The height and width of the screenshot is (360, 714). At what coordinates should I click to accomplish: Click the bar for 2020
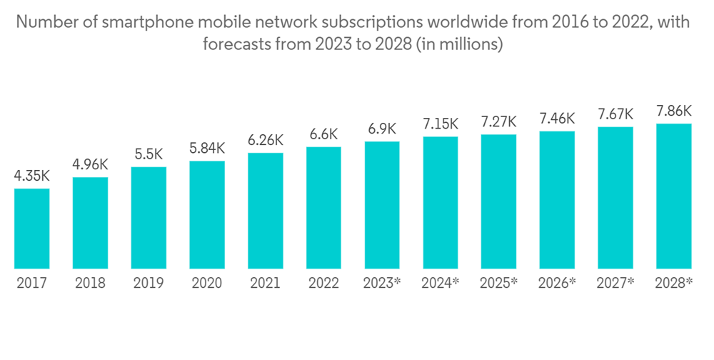pyautogui.click(x=207, y=214)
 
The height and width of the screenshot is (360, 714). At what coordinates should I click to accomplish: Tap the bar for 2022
pyautogui.click(x=323, y=208)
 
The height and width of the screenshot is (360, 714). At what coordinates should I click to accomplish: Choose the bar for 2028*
pyautogui.click(x=673, y=196)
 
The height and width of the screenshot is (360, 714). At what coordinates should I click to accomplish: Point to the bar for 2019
pyautogui.click(x=149, y=218)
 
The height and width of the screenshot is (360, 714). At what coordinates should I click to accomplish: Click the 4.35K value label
pyautogui.click(x=32, y=175)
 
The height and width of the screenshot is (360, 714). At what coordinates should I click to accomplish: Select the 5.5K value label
pyautogui.click(x=149, y=154)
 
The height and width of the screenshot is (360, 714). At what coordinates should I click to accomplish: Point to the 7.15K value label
pyautogui.click(x=440, y=124)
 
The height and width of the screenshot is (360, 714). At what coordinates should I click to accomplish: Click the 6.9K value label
pyautogui.click(x=382, y=129)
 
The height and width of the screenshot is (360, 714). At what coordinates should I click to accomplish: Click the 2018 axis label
pyautogui.click(x=91, y=284)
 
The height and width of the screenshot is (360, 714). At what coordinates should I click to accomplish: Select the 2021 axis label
pyautogui.click(x=266, y=284)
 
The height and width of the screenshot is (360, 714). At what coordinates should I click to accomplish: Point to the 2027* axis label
pyautogui.click(x=616, y=284)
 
